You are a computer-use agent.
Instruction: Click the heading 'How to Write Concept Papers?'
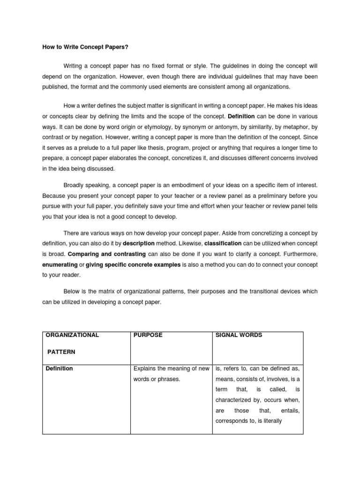coord(82,47)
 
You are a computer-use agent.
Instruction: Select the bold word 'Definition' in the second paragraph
coord(241,116)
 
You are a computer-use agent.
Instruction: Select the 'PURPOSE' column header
coord(148,335)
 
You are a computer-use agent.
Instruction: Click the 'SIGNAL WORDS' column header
coord(239,335)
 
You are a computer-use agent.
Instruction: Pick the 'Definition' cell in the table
coord(59,368)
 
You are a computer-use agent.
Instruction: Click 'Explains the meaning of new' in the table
coord(171,368)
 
